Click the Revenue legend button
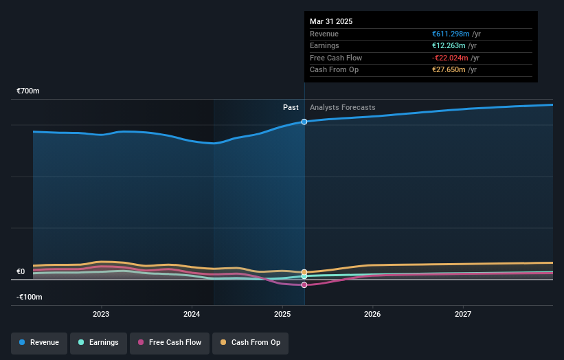coord(39,342)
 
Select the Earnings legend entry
coord(98,342)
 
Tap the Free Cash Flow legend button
coord(169,342)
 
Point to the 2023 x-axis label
coord(101,315)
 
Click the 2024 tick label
coord(192,315)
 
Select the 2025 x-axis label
coord(282,315)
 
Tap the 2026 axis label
coord(372,315)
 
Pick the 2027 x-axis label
coord(463,315)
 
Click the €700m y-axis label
coord(29,91)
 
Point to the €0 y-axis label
coord(21,271)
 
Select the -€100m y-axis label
coord(30,297)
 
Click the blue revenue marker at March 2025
coord(304,122)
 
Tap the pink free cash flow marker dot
coord(304,284)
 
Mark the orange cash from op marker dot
coord(304,272)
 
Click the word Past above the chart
coord(291,107)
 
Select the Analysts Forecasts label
coord(343,107)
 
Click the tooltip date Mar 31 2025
coord(331,21)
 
